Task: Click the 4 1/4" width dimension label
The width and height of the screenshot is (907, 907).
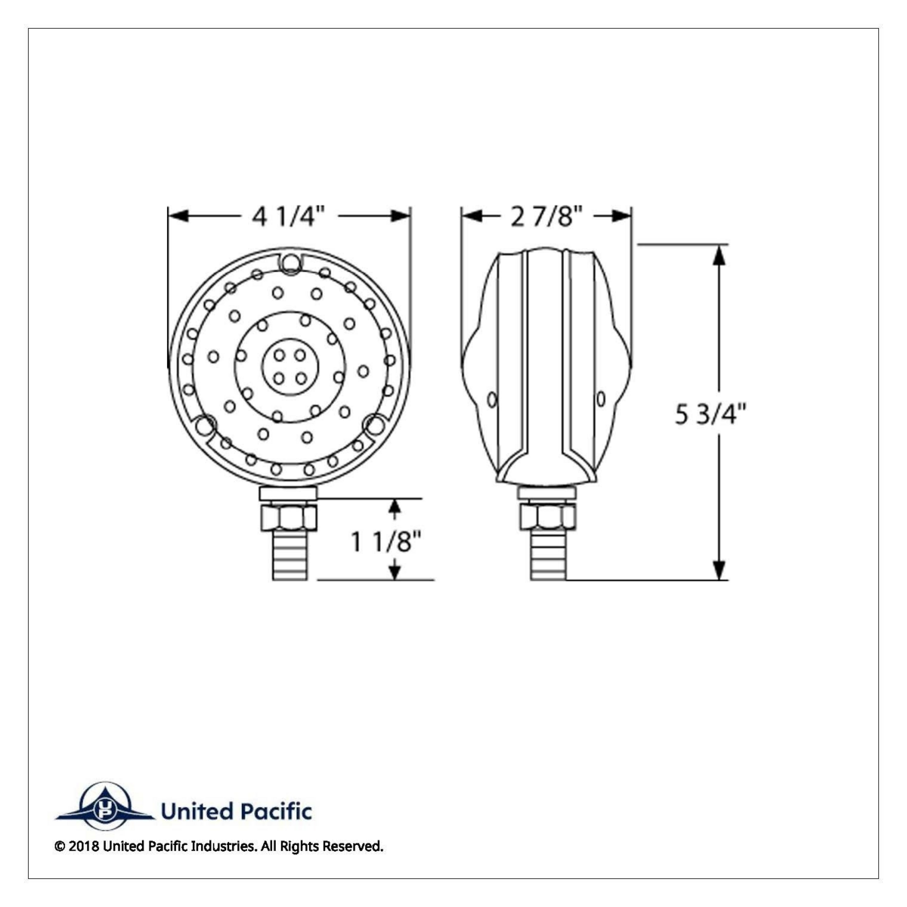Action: [288, 217]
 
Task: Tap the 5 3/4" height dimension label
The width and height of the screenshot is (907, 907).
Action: [710, 414]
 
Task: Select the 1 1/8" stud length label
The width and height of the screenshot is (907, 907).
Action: [385, 541]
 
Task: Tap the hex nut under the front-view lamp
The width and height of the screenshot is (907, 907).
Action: [289, 517]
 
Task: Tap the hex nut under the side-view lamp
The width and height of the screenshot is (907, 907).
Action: [547, 517]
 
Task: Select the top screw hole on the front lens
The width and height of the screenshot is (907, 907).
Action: [290, 262]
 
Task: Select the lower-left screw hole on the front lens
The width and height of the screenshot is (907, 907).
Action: [205, 427]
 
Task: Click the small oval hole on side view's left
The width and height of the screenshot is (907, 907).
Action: [493, 398]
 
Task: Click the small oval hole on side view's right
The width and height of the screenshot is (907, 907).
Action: [601, 398]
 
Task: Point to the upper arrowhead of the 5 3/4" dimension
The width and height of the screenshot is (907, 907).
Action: [720, 255]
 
